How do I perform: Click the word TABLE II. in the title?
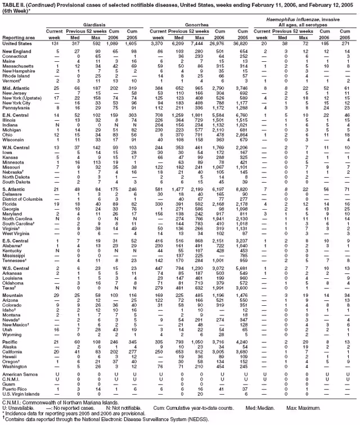(13, 4)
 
